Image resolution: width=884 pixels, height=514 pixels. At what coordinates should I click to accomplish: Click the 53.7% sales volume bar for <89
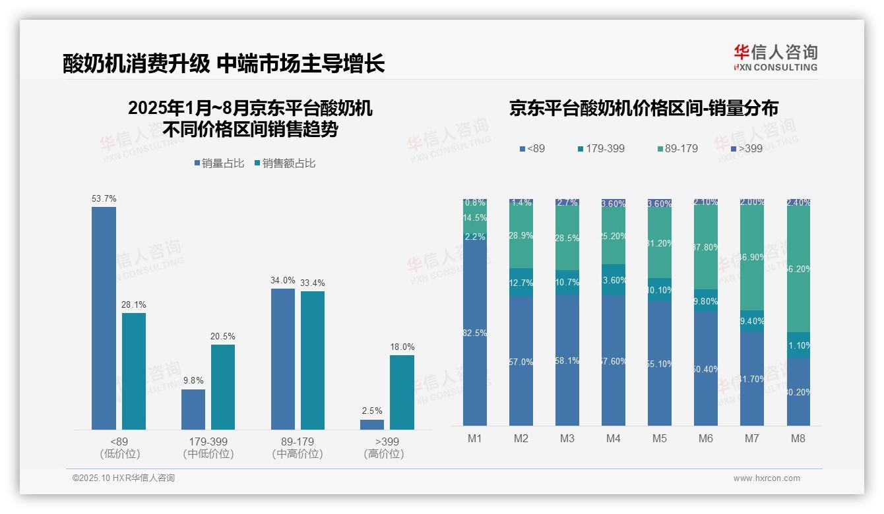point(104,318)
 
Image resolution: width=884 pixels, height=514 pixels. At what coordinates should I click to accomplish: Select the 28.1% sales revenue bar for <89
point(134,371)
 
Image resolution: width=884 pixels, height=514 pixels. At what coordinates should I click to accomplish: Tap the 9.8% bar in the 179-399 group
point(193,409)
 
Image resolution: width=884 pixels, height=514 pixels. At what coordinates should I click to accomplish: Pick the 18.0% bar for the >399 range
point(402,392)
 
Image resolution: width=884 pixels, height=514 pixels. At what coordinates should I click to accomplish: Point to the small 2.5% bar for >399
point(372,424)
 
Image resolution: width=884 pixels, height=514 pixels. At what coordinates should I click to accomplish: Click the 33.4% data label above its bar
point(312,283)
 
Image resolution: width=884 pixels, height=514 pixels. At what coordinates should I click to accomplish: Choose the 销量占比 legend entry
point(219,163)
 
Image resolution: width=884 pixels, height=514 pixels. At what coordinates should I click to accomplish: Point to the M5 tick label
point(660,438)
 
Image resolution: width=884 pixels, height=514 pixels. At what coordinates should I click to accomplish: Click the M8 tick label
point(798,438)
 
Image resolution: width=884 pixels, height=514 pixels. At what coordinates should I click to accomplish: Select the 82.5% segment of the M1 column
point(475,333)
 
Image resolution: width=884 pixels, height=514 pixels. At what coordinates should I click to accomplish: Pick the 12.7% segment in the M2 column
point(521,282)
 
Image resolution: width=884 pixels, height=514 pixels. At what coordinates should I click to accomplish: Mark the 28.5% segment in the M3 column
point(567,239)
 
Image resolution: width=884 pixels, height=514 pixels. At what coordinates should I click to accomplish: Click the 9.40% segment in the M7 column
point(752,321)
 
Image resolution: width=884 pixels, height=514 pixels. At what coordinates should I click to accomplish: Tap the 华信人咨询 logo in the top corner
point(775,57)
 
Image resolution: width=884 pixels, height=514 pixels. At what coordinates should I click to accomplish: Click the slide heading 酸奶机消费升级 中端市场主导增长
point(224,63)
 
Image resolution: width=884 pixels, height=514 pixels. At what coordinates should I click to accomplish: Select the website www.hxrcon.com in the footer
point(767,478)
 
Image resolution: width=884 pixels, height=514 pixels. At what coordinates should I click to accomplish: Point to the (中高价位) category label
point(298,454)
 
